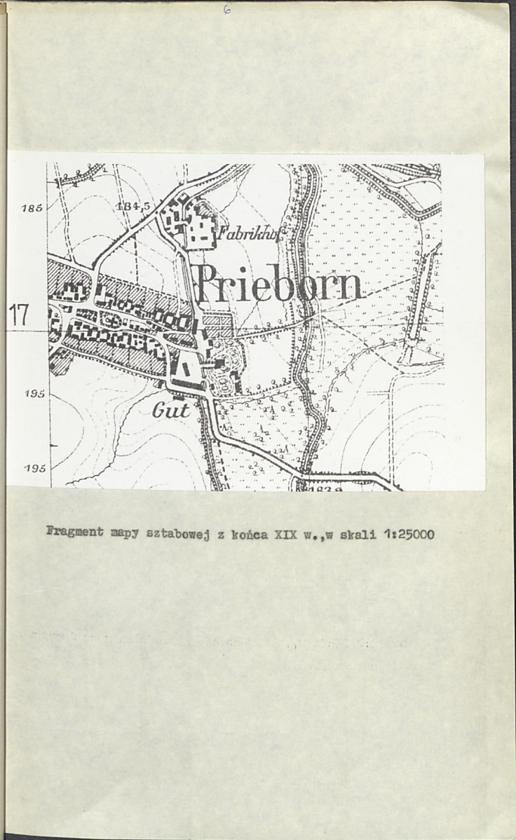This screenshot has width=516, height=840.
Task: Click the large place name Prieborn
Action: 279,286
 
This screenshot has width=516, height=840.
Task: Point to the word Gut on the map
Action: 171,410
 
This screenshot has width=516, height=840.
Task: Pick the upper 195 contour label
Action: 34,394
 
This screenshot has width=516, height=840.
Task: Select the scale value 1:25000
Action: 408,535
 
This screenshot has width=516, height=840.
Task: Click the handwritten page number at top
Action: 226,10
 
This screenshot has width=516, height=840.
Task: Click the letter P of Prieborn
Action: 208,286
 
